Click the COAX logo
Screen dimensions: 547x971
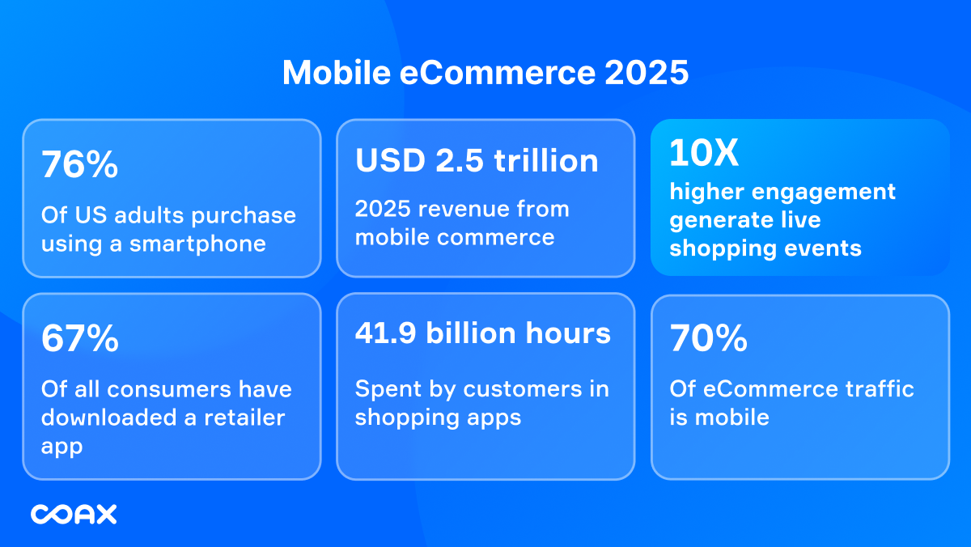tap(74, 514)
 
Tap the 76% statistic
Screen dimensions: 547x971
tap(80, 166)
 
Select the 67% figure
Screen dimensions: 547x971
tap(80, 340)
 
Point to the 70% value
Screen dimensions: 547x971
tap(708, 340)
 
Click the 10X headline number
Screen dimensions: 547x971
tap(704, 153)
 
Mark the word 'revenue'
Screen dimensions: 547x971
tap(462, 209)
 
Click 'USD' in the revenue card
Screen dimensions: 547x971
tap(390, 160)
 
